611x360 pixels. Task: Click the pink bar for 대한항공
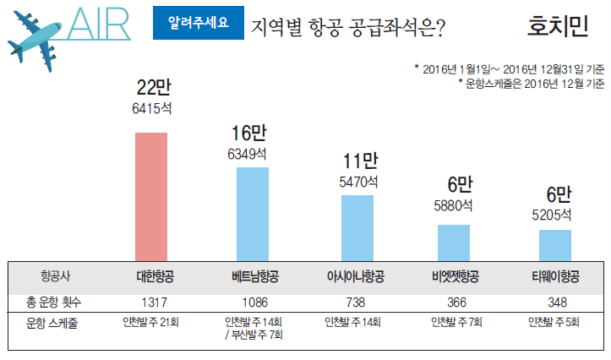(x=151, y=196)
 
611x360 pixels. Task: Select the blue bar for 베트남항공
(x=252, y=214)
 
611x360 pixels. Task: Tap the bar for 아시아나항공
(x=357, y=227)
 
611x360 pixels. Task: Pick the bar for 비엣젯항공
(x=454, y=243)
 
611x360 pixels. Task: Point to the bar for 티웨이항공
(x=555, y=245)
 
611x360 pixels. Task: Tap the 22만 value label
(x=152, y=87)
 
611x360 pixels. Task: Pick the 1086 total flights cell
(x=254, y=303)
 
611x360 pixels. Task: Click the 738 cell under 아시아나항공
(x=355, y=303)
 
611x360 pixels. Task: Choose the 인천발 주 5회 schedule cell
(x=555, y=322)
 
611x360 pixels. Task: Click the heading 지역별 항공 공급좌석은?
(x=348, y=26)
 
